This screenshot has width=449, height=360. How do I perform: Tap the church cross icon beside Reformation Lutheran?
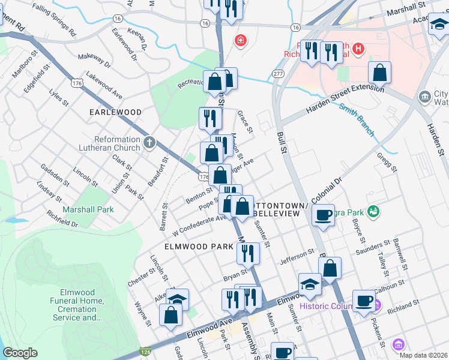(149, 143)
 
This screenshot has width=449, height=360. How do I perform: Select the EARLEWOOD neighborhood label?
(115, 112)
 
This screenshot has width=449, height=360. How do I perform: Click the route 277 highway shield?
(277, 73)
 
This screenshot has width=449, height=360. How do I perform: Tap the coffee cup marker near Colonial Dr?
(324, 215)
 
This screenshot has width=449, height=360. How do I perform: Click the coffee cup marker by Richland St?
(363, 300)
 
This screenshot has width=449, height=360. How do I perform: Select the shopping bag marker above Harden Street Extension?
(379, 73)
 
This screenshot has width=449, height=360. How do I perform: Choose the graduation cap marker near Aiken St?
(177, 299)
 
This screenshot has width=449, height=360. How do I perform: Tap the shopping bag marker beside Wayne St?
(171, 315)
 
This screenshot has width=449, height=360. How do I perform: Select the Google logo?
(20, 353)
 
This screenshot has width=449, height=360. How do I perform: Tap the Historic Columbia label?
(333, 306)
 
